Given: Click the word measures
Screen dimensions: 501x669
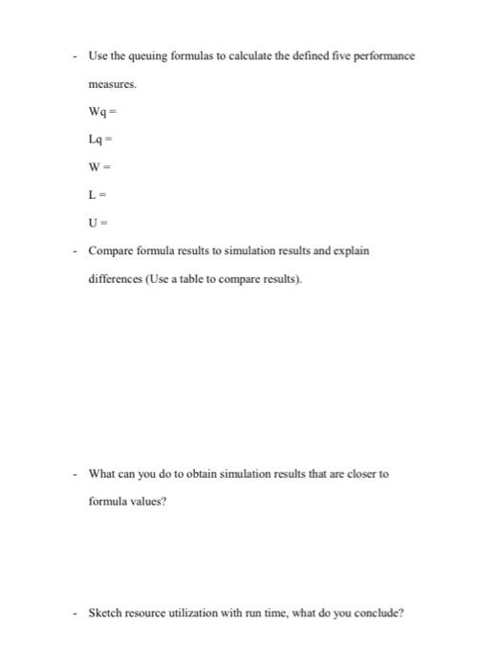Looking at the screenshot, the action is pyautogui.click(x=113, y=84).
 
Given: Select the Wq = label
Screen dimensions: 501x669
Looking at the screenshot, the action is pyautogui.click(x=101, y=113).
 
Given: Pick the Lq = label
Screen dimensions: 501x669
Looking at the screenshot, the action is pyautogui.click(x=99, y=140).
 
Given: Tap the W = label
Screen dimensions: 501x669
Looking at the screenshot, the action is pyautogui.click(x=98, y=168).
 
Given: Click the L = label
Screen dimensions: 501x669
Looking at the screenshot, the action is pyautogui.click(x=97, y=196).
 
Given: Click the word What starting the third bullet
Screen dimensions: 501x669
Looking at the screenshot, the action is pyautogui.click(x=102, y=474).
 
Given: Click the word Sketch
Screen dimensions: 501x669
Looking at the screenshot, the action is pyautogui.click(x=106, y=614).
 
